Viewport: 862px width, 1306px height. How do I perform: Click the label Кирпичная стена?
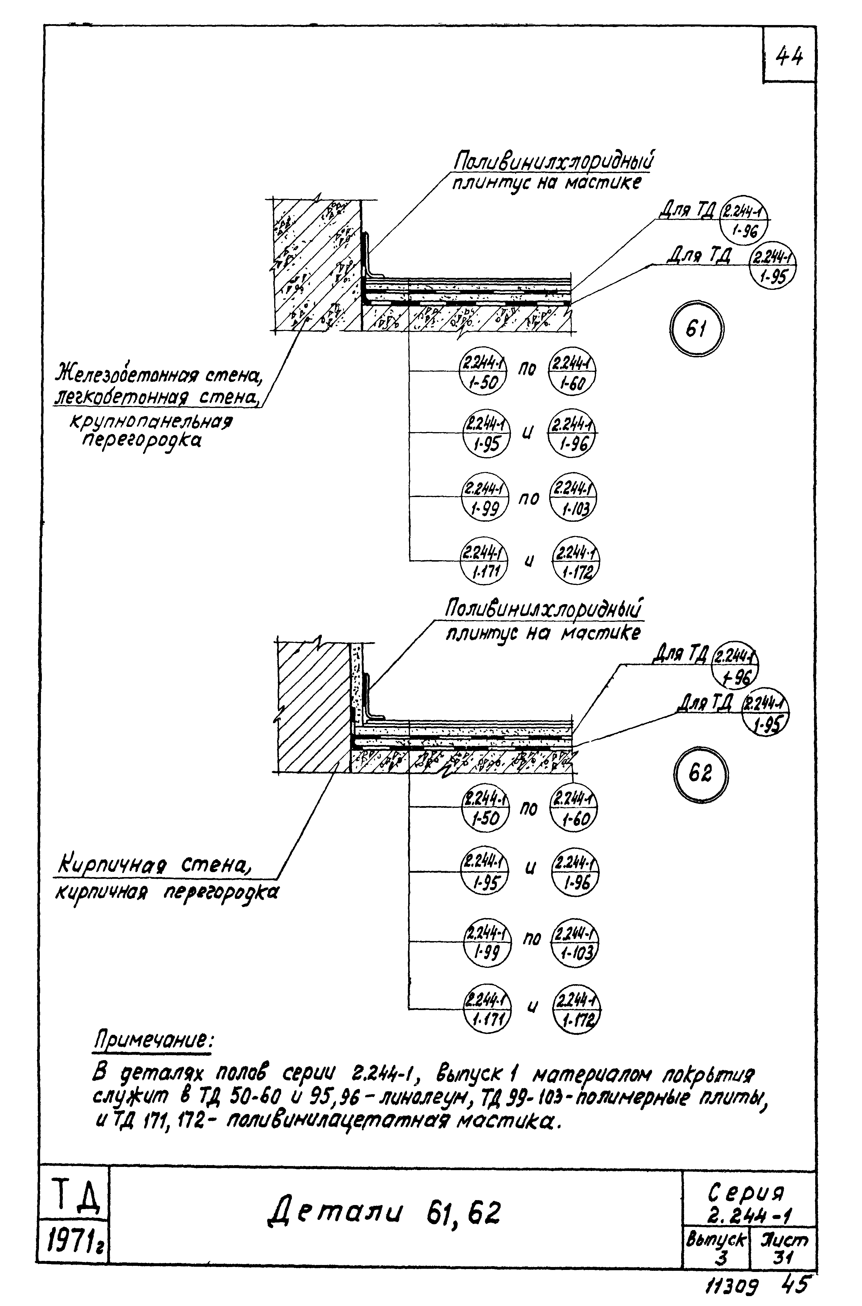[x=154, y=867]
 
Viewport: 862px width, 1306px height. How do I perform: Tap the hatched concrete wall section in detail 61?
[x=316, y=264]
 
